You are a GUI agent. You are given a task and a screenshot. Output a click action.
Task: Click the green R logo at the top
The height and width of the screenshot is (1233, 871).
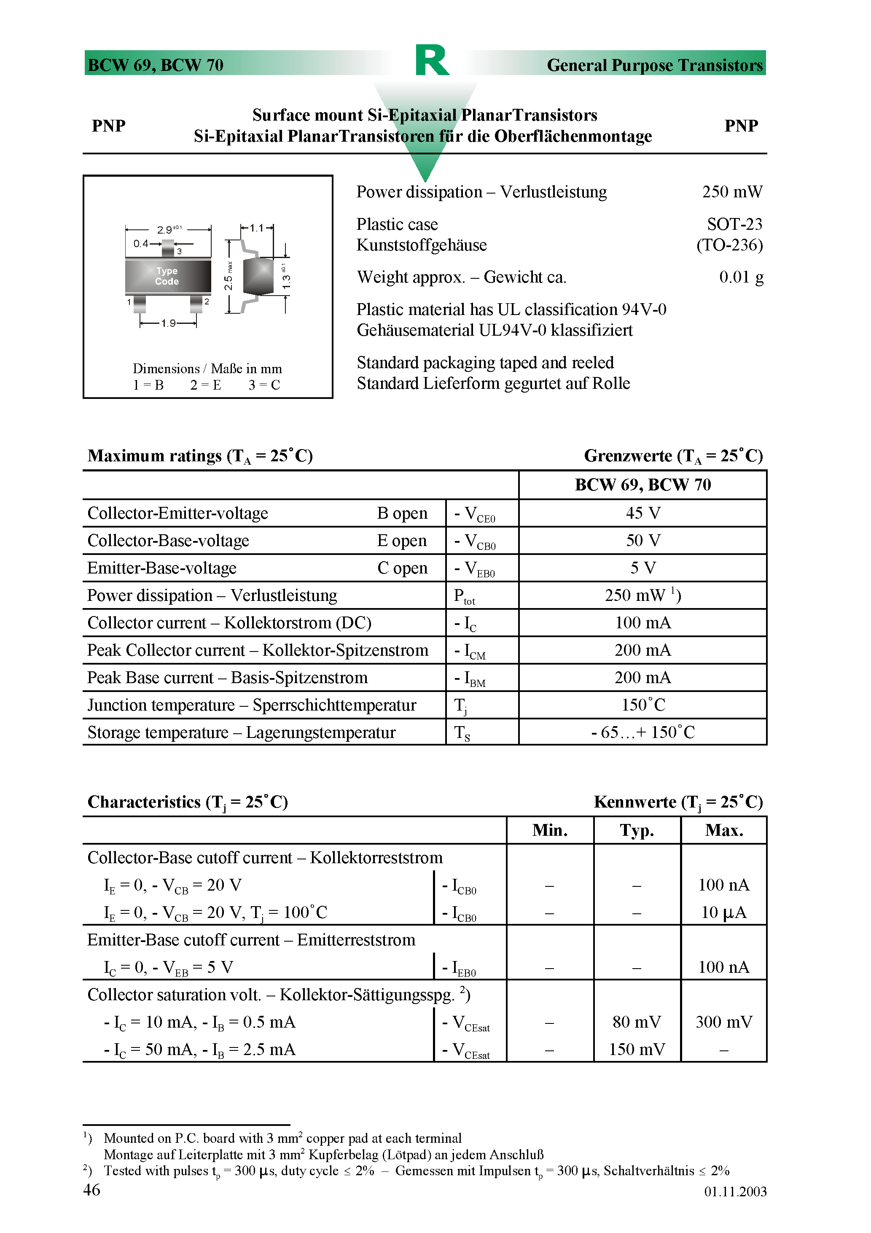(432, 60)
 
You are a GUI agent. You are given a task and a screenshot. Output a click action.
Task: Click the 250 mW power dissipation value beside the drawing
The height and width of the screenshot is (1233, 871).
(731, 192)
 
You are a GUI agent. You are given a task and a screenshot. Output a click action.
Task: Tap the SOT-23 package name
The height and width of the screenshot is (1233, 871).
(734, 224)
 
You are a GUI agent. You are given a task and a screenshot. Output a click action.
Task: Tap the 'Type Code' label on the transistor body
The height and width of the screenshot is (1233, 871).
(167, 276)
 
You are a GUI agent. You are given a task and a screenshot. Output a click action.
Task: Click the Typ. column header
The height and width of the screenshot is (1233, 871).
(637, 831)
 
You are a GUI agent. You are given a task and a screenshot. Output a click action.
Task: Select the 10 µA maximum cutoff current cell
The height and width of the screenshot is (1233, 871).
(723, 913)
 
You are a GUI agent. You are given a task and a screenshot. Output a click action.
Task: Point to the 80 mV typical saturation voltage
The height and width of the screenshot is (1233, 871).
(637, 1022)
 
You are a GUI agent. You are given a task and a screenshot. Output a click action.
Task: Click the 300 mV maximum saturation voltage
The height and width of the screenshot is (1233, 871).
(723, 1022)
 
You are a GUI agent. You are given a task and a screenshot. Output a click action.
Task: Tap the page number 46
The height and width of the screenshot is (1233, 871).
(92, 1190)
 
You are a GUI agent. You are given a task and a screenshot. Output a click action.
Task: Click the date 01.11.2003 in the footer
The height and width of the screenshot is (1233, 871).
(735, 1192)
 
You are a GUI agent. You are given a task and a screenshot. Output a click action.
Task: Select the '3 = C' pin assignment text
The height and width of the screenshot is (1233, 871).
(264, 385)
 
